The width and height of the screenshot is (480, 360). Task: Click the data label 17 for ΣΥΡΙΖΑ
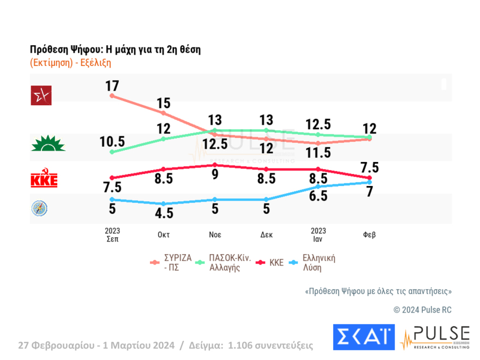pos(112,86)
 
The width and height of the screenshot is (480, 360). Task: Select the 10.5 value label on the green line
pos(112,141)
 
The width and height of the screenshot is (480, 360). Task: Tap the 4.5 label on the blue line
pos(164,213)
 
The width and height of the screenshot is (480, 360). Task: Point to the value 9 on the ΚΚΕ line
pos(214,175)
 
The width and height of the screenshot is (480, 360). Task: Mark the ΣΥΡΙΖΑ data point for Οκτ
pos(164,113)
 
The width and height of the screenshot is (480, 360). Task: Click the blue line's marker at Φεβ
pos(369,182)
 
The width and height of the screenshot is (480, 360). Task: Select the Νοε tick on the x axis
pos(214,235)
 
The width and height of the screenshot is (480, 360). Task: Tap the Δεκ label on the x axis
pos(266,235)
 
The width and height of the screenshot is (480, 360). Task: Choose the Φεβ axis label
pos(369,235)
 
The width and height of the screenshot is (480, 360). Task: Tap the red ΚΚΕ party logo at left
pos(44,179)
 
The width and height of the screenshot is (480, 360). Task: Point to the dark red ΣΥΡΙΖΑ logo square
pos(42,96)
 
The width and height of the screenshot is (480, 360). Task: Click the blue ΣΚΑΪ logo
pos(363,338)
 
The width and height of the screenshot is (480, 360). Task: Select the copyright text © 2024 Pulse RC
pos(423,310)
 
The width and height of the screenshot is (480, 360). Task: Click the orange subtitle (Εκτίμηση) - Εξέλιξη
pos(70,62)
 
